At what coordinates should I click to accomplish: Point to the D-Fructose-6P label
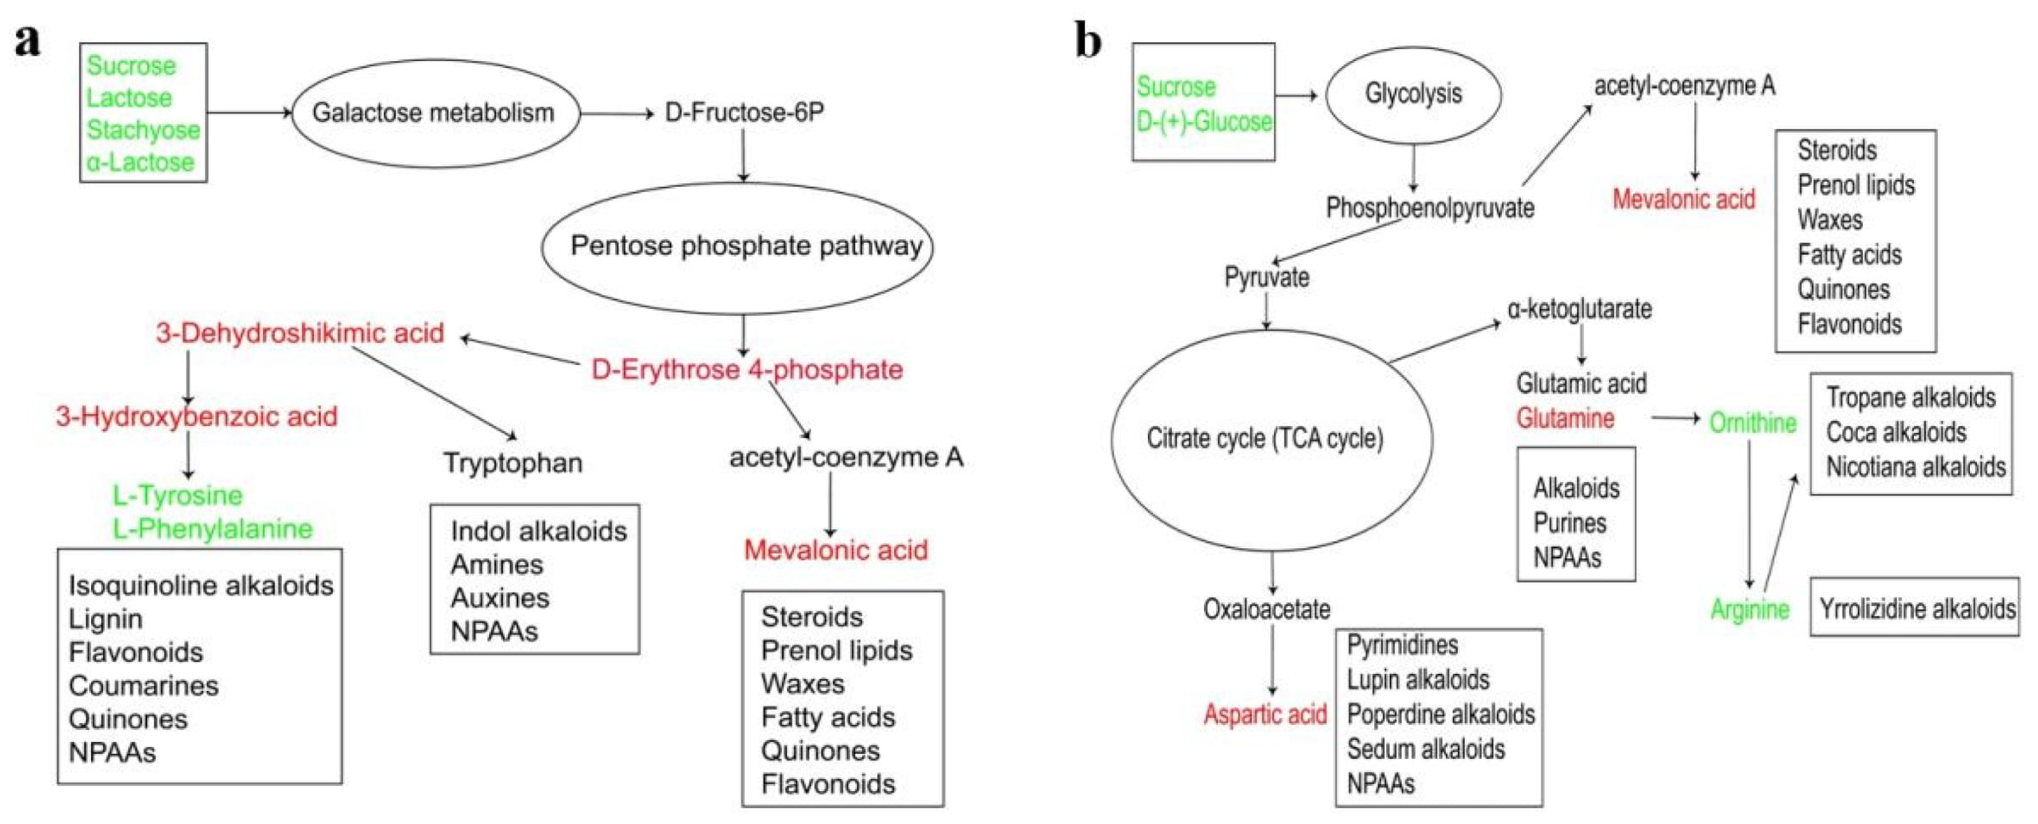click(x=744, y=113)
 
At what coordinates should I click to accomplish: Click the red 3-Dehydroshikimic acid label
click(x=300, y=333)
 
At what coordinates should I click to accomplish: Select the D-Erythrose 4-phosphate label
click(x=747, y=369)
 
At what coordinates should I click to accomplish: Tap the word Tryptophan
click(x=513, y=463)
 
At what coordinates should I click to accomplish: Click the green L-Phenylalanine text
click(x=213, y=528)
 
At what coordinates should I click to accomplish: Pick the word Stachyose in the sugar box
click(x=143, y=130)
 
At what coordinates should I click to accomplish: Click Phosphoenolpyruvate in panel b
click(x=1429, y=208)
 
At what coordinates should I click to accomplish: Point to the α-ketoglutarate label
click(x=1579, y=308)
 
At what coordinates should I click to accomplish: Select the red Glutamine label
click(x=1565, y=417)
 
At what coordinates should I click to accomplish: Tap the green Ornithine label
click(x=1752, y=422)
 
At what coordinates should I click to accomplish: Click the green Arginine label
click(x=1749, y=609)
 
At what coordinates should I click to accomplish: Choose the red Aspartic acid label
click(x=1264, y=714)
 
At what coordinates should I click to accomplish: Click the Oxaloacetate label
click(x=1266, y=609)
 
